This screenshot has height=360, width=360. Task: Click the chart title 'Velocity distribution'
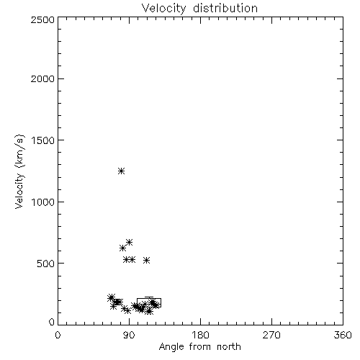coord(199,8)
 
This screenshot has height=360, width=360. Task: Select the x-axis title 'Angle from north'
coord(199,346)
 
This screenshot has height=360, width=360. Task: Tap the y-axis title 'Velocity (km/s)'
coord(19,171)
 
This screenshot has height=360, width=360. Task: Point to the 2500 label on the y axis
coord(42,19)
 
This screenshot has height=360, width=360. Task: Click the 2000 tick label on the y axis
coord(42,78)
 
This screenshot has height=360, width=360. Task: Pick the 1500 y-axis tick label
coord(43,140)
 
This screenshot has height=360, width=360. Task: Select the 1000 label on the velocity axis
coord(43,202)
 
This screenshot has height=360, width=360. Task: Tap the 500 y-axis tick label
coord(46,264)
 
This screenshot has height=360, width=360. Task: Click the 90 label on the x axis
coord(129,335)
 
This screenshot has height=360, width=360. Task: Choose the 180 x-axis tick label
coord(200,335)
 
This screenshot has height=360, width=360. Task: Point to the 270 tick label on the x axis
coord(271,335)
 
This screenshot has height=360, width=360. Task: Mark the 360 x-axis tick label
coord(343,335)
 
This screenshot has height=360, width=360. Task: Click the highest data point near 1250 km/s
coord(122,171)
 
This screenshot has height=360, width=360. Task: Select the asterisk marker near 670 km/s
coord(130,242)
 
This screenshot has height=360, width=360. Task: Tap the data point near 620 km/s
coord(122,248)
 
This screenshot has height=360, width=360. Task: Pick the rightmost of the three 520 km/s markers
coord(147,260)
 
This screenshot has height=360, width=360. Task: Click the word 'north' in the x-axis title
coord(229,347)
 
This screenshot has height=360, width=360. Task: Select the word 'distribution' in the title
coord(225,8)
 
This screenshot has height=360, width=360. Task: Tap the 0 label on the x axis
coord(58,335)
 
